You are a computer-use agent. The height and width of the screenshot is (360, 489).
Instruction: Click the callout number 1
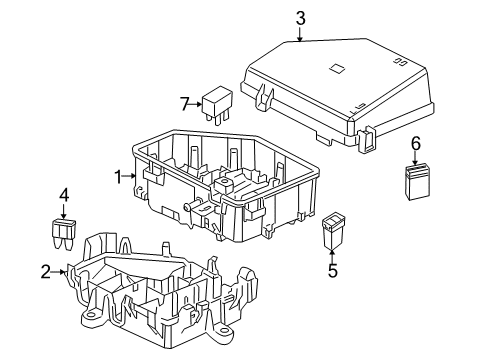tap(117, 177)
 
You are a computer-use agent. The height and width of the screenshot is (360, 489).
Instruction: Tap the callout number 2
tap(46, 270)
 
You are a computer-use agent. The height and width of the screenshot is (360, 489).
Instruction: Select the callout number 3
tap(300, 17)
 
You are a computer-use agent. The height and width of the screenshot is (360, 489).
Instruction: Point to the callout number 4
tap(63, 195)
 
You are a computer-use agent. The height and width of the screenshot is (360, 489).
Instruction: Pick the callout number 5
tap(333, 268)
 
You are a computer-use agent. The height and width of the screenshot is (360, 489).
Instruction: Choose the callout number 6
tap(416, 143)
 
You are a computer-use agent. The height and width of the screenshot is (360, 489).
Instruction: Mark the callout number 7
tap(184, 103)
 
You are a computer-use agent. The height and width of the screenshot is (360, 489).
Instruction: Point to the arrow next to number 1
tap(129, 177)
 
